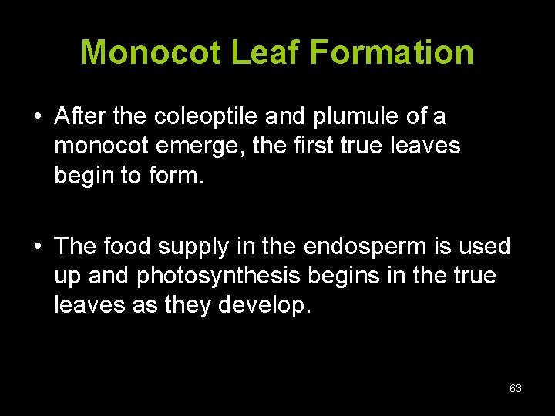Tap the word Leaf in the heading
266,52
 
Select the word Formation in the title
392,52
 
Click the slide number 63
516,388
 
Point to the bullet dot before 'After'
37,118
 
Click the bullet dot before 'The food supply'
37,247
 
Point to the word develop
264,305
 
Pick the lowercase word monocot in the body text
99,146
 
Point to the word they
188,305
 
